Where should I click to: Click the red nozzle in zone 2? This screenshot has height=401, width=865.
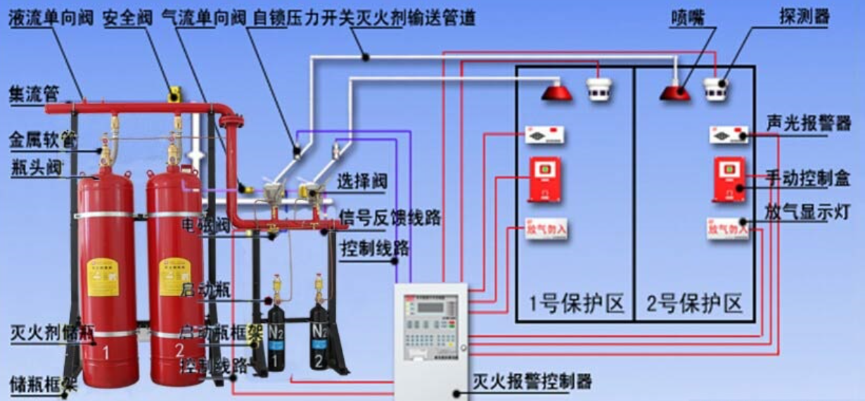click(675, 91)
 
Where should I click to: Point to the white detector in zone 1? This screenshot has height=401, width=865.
click(598, 89)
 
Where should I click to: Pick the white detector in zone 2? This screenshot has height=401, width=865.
click(716, 89)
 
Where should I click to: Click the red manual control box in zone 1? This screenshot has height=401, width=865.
click(544, 179)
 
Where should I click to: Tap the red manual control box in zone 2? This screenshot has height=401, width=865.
click(729, 179)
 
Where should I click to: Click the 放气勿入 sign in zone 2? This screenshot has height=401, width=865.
click(726, 229)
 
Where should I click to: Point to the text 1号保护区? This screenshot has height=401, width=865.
click(577, 304)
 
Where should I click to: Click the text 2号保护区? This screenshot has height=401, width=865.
click(695, 304)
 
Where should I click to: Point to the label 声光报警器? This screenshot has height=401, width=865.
click(808, 124)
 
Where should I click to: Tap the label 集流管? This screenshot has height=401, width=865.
click(34, 94)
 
